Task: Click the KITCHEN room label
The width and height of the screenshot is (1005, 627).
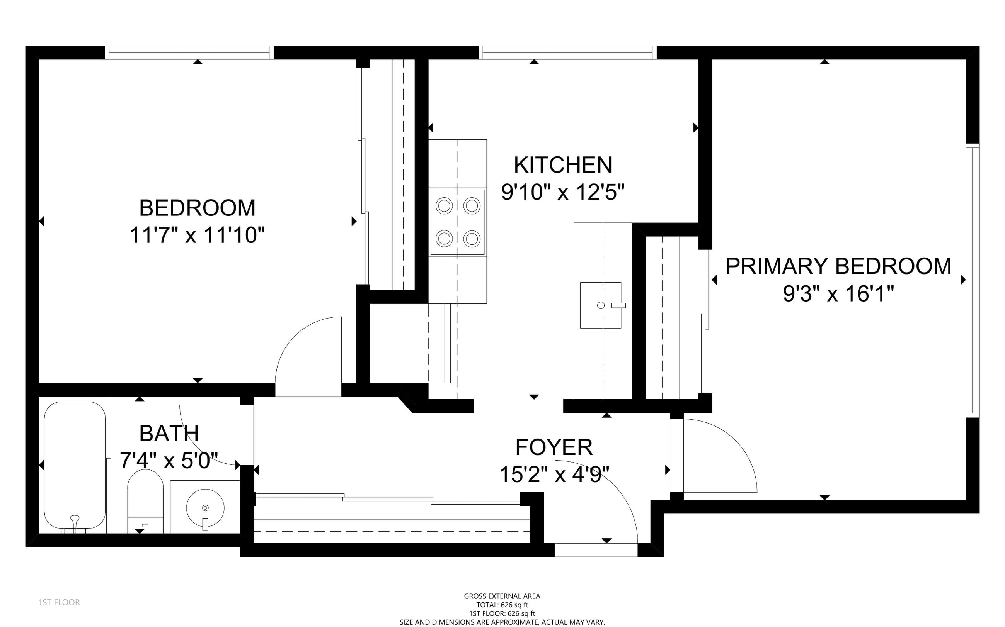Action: point(563,165)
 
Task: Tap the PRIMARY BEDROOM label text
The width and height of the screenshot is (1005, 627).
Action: point(838,266)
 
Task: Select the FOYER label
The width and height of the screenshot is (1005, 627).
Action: point(554,447)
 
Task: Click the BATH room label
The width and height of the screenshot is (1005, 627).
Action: point(169,434)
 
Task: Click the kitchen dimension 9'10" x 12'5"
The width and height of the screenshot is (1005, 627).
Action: point(563,192)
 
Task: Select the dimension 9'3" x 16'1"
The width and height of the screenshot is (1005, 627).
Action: point(838,293)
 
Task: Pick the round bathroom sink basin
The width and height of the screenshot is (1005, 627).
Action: point(205,508)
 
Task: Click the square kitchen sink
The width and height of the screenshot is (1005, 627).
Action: point(600,305)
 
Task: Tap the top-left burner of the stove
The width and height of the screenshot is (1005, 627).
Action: point(444,206)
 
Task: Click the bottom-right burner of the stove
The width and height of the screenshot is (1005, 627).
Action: point(472,239)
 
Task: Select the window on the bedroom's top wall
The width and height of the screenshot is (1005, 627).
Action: point(189,53)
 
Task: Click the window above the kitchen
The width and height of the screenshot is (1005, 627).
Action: point(567,53)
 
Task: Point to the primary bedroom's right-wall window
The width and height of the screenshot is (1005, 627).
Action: point(973,280)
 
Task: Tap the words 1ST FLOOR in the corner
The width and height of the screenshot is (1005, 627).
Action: point(59,602)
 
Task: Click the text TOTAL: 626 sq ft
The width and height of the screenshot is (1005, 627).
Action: point(502,605)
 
